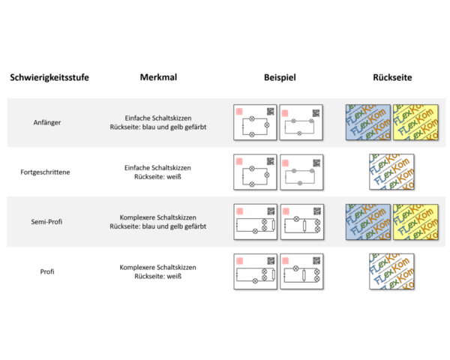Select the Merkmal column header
click(x=157, y=77)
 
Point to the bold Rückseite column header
click(x=392, y=77)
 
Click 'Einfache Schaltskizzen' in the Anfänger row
click(x=157, y=118)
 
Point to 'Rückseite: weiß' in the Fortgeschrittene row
click(x=157, y=176)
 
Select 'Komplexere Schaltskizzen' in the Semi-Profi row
click(x=157, y=217)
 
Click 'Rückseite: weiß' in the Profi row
click(x=157, y=276)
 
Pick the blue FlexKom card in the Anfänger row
click(x=367, y=122)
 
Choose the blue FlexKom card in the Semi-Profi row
click(x=367, y=222)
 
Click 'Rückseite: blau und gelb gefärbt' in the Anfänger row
click(x=157, y=127)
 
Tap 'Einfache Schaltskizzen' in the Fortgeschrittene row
click(x=157, y=167)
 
